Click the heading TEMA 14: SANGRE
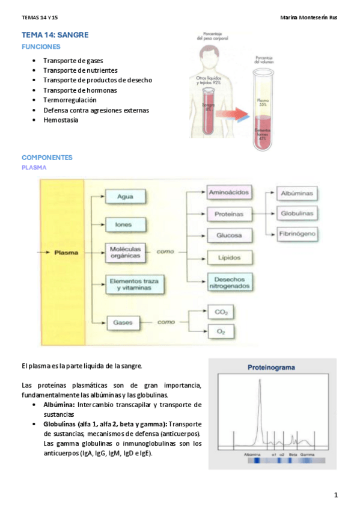(x=55, y=35)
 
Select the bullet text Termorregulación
(x=70, y=100)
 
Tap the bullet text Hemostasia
(x=61, y=120)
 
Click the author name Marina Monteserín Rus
(x=309, y=17)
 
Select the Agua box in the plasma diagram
(x=126, y=195)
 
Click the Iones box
(x=126, y=224)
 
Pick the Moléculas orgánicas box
(x=126, y=253)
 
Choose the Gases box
(x=124, y=322)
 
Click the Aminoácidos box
(x=229, y=193)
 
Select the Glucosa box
(x=229, y=235)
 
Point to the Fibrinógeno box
(x=297, y=233)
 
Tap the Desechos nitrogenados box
(x=229, y=281)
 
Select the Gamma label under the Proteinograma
(x=307, y=455)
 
